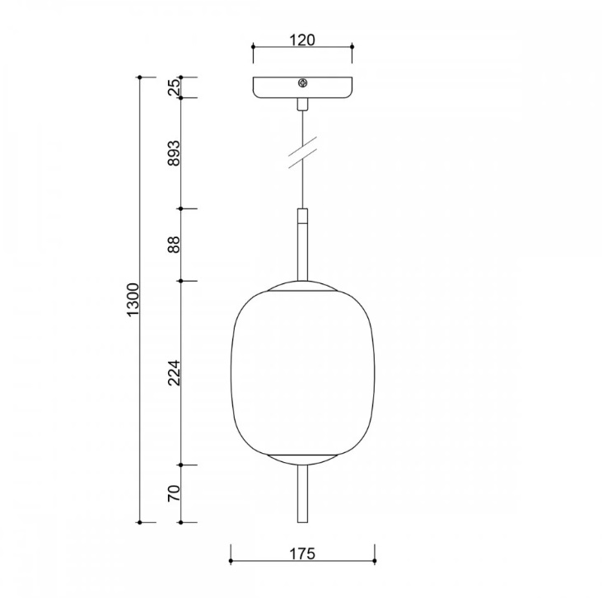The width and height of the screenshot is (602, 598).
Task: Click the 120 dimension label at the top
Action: click(x=302, y=40)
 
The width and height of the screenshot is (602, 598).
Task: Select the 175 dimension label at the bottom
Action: click(x=302, y=554)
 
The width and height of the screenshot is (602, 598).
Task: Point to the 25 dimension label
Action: click(x=174, y=87)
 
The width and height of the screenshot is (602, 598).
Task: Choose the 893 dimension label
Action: click(x=174, y=154)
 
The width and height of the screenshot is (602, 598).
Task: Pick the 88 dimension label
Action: click(x=174, y=245)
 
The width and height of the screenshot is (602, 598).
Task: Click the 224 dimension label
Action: click(x=174, y=373)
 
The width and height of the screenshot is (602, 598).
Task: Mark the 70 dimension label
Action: click(x=174, y=493)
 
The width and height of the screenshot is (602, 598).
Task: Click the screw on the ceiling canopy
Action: click(x=302, y=83)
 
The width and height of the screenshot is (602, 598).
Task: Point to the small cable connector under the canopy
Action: click(x=302, y=104)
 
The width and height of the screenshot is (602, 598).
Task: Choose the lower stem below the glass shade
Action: click(x=302, y=494)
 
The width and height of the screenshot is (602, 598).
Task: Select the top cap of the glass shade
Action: click(x=302, y=287)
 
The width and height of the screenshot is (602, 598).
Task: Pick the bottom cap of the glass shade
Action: click(x=302, y=458)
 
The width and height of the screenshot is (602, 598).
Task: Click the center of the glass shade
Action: click(x=302, y=372)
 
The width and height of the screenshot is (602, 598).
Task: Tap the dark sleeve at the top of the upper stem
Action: click(x=302, y=217)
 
